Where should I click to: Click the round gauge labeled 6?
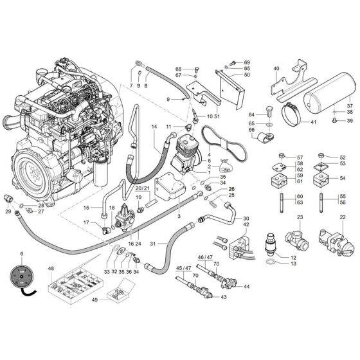coord(23,280)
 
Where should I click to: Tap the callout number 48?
coord(51,267)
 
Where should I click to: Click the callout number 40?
coord(276,67)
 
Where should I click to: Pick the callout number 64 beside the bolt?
coord(253,114)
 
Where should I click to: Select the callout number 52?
coord(343,157)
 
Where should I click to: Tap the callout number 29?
coord(7,212)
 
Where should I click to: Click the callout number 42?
coord(246,224)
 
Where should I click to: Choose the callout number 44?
coord(247,286)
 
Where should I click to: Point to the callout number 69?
coord(246,62)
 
